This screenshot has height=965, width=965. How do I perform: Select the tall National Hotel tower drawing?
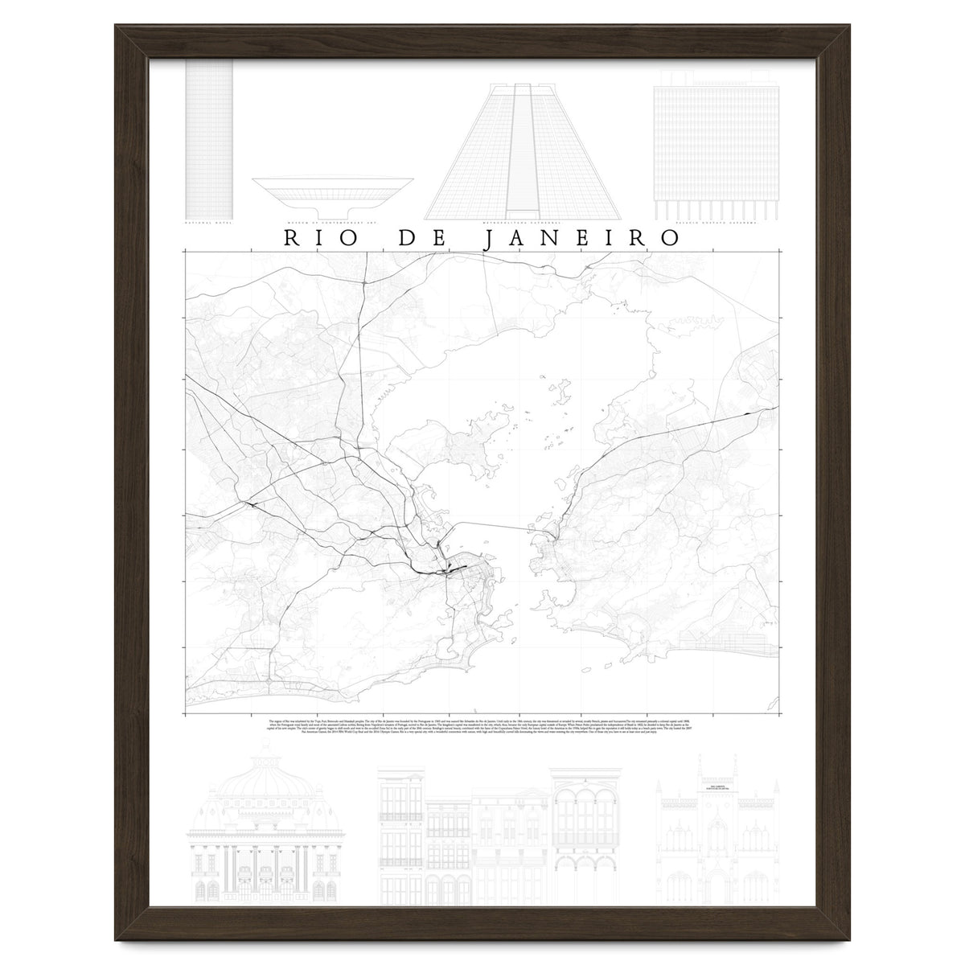pyautogui.click(x=209, y=137)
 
